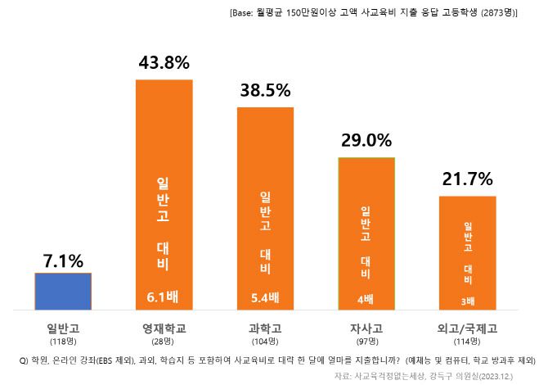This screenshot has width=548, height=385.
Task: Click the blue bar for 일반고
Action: [x=63, y=292]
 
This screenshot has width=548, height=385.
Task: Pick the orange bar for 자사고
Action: [x=366, y=233]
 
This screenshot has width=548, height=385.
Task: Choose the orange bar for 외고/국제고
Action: [x=468, y=252]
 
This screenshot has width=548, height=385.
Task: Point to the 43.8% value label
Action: [x=164, y=62]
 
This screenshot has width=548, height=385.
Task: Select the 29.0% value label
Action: [x=366, y=140]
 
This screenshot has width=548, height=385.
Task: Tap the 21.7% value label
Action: [x=468, y=179]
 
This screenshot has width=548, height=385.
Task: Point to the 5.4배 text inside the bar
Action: [x=265, y=297]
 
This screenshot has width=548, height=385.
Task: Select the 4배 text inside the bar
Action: [x=366, y=298]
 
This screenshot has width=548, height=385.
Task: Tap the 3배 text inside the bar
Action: [x=468, y=300]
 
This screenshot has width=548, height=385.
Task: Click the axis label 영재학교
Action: [x=164, y=328]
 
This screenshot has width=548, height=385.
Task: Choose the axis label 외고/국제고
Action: [x=468, y=328]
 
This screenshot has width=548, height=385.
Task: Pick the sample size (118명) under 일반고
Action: [x=63, y=341]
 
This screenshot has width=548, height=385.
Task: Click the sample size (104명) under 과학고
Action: [x=265, y=341]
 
